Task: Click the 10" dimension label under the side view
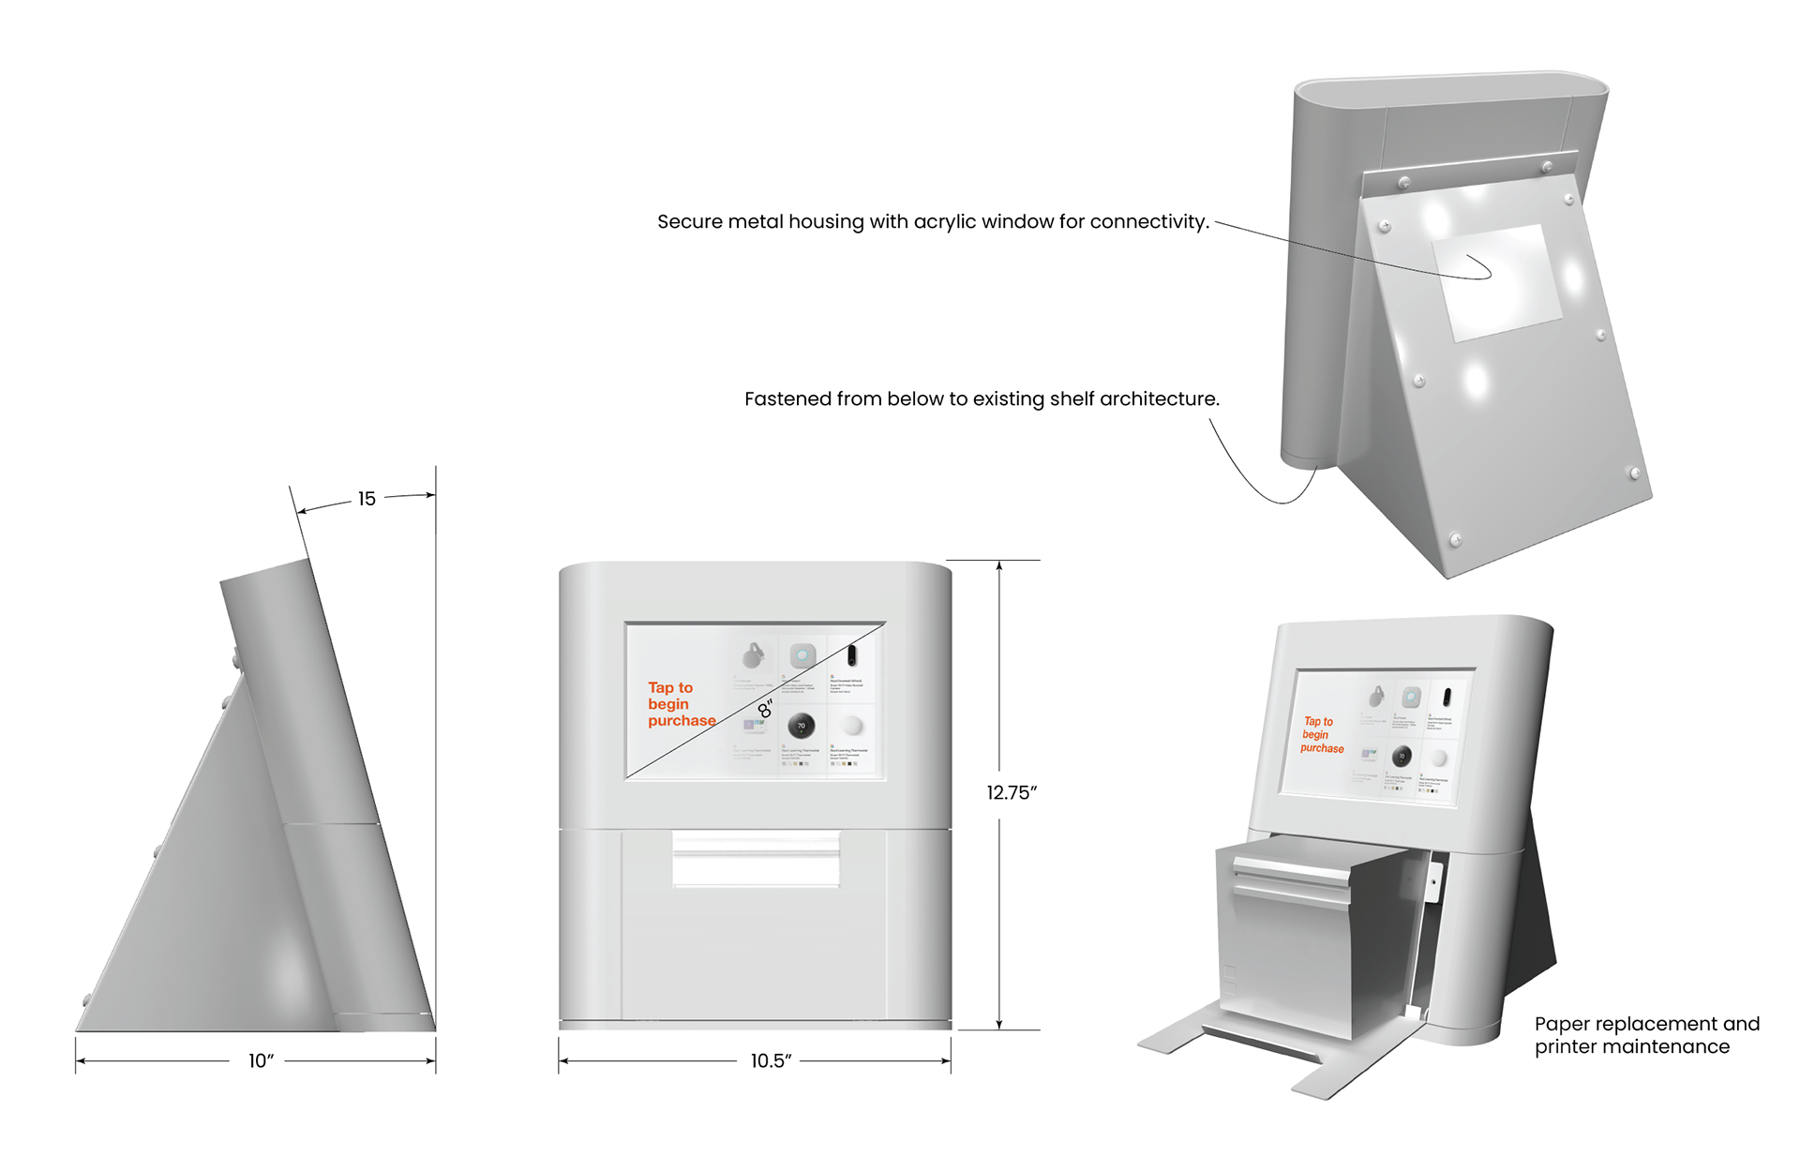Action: tap(261, 1060)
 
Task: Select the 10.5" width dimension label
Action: tap(771, 1060)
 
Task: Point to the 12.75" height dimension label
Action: tap(1012, 792)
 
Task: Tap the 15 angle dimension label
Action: tap(367, 499)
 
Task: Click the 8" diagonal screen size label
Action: tap(765, 708)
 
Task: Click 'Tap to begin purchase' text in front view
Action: tap(681, 704)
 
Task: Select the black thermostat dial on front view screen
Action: tap(801, 726)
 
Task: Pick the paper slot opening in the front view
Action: tap(756, 859)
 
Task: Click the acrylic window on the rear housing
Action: tap(1495, 281)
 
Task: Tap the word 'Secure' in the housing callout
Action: tap(689, 222)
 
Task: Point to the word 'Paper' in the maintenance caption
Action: tap(1561, 1024)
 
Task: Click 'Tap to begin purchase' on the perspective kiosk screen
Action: tap(1322, 735)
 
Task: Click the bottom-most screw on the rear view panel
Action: tap(1455, 539)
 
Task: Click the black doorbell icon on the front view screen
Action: tap(851, 654)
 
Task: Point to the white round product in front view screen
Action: tap(851, 726)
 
